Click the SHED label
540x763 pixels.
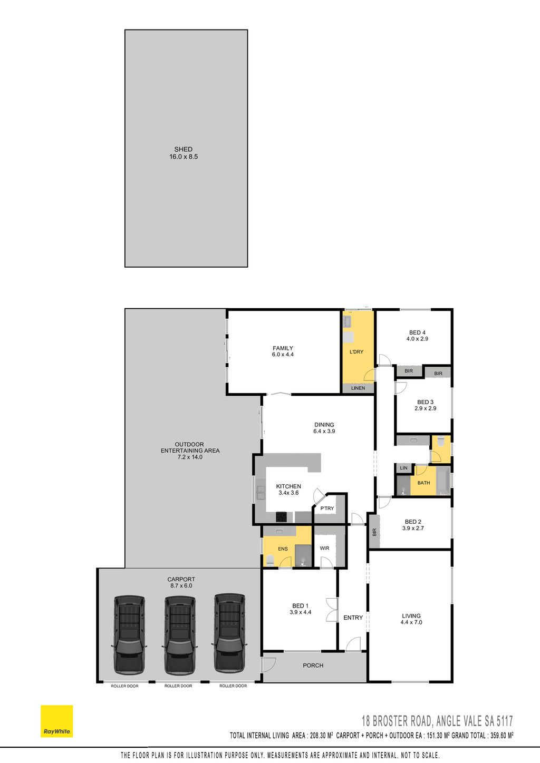tap(184, 149)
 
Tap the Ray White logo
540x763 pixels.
tap(56, 721)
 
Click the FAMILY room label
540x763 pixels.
tap(283, 348)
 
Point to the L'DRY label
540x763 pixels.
tap(356, 351)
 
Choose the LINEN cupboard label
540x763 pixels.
tap(358, 388)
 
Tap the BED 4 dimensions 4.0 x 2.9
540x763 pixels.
tap(417, 339)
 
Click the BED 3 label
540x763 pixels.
tap(425, 402)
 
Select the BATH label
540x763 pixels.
tap(423, 483)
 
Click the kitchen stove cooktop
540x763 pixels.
tap(281, 516)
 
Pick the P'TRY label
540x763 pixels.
tap(327, 508)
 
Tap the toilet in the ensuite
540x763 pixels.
tap(270, 560)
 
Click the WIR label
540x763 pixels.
tap(324, 548)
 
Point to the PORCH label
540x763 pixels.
tap(313, 665)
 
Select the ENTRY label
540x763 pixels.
tap(353, 618)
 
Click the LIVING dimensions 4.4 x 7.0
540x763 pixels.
tap(411, 622)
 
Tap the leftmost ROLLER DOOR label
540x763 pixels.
tap(124, 686)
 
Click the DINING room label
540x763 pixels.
tap(324, 425)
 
